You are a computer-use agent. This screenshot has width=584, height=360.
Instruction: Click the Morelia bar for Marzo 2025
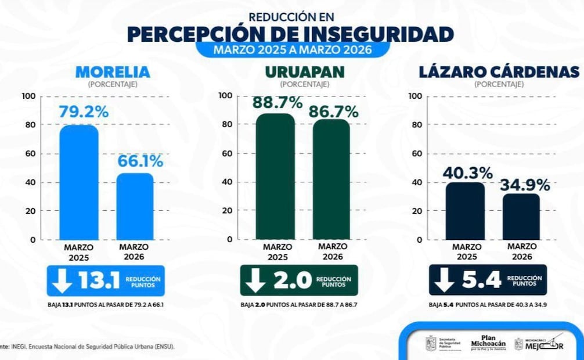tap(79, 182)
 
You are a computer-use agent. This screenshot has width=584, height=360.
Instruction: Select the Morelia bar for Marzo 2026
tap(135, 206)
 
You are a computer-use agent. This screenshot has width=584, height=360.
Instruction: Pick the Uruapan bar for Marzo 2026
tap(331, 179)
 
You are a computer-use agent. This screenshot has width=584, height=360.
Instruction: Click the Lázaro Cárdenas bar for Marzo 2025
tap(465, 211)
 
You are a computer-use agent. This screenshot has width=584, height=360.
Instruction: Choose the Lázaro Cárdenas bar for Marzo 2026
tap(521, 217)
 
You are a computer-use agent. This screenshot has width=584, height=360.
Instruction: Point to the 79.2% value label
tap(84, 111)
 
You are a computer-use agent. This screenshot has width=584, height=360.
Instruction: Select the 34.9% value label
tap(525, 185)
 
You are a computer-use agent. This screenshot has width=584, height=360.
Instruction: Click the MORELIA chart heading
tap(112, 72)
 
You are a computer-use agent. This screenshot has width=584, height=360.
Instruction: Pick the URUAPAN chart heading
tap(304, 72)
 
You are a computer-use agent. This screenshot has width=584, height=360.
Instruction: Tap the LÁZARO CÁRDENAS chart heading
tap(499, 72)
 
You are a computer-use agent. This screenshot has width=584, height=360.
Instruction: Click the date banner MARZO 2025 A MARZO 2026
tap(292, 49)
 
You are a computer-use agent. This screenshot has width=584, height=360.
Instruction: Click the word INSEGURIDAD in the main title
tap(378, 33)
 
